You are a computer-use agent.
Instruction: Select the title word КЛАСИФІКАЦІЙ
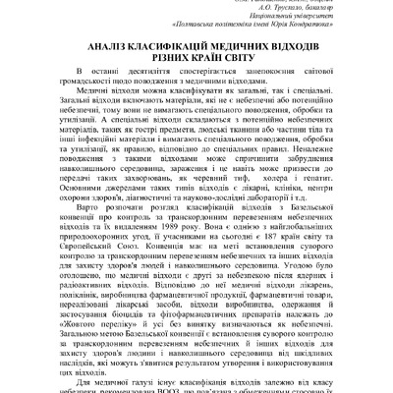pos(184,46)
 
